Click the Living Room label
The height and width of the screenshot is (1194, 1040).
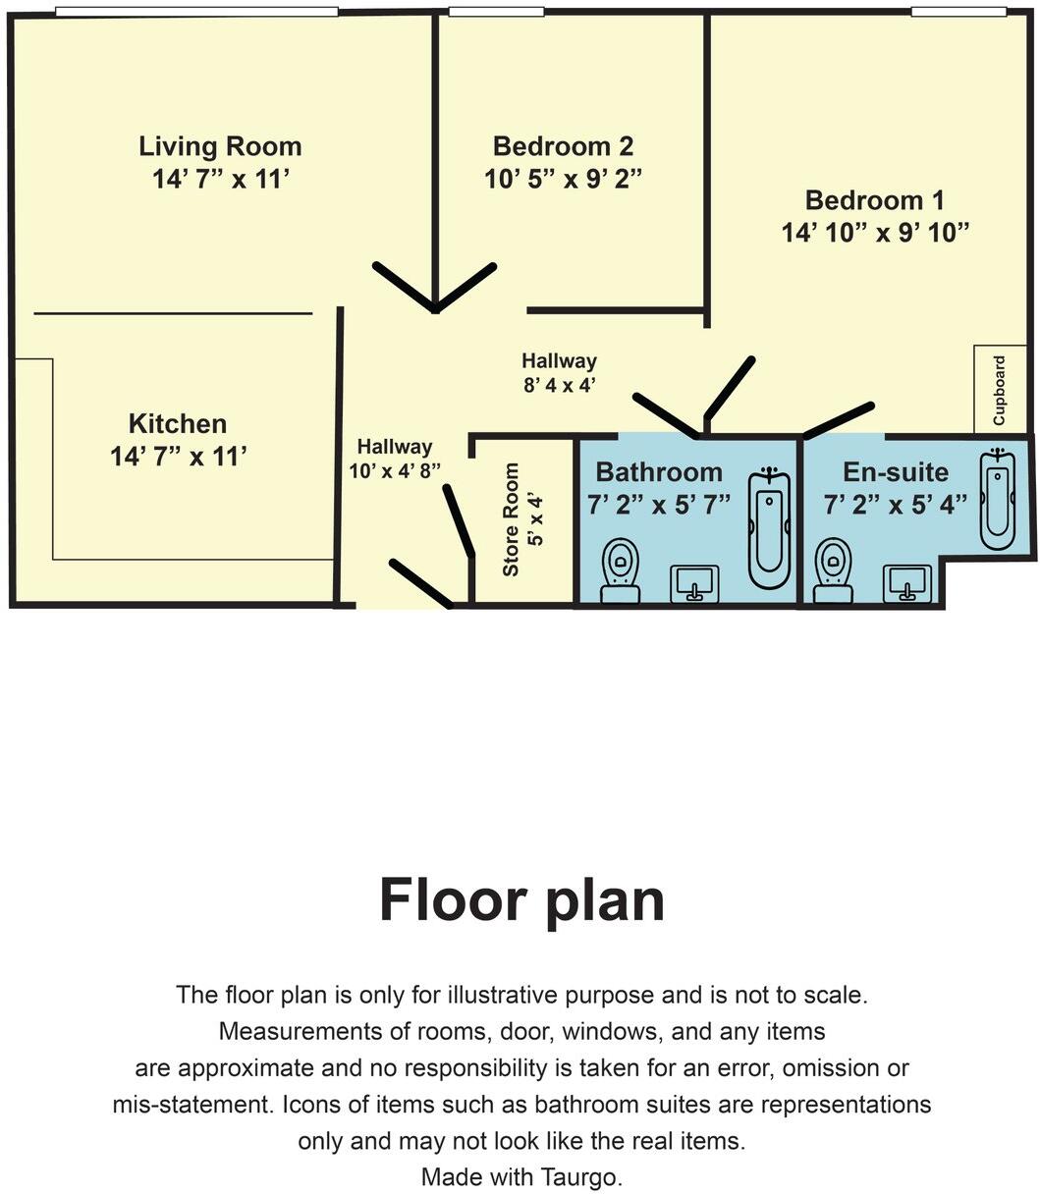point(220,147)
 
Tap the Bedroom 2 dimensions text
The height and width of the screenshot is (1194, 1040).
point(563,180)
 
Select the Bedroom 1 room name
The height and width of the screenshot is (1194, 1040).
point(874,200)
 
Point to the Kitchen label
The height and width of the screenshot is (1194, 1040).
point(178,424)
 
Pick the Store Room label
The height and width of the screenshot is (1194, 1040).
point(511,519)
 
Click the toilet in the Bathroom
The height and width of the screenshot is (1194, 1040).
point(620,570)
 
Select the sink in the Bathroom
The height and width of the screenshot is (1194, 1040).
point(694,584)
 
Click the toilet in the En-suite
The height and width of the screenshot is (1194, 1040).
point(834,570)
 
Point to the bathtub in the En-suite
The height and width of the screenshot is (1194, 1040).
point(997,502)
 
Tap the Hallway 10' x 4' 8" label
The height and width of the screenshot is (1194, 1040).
point(394,459)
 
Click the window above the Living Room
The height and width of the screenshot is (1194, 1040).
point(196,12)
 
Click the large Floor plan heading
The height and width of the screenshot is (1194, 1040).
point(521,899)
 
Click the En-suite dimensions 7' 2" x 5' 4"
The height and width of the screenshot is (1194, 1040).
point(896,505)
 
